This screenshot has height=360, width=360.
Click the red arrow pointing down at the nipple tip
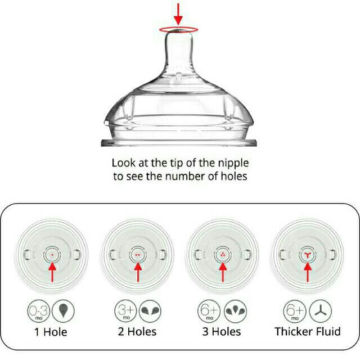click(x=178, y=13)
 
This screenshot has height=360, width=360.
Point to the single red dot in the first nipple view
click(x=52, y=255)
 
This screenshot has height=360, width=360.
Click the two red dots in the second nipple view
click(x=138, y=255)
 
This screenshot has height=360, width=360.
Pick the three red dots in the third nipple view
click(x=223, y=254)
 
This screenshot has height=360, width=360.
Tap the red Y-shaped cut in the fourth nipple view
click(x=308, y=254)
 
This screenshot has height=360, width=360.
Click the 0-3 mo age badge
click(x=39, y=311)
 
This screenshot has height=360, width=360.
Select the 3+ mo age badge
click(x=125, y=311)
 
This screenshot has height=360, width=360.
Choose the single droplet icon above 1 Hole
click(x=63, y=311)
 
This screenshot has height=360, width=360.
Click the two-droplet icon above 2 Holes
click(x=150, y=311)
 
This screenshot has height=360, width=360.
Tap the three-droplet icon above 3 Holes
click(x=235, y=311)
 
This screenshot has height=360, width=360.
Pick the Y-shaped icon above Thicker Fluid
click(x=321, y=311)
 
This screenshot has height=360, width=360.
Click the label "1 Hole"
click(x=51, y=332)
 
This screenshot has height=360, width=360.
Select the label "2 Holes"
click(x=137, y=332)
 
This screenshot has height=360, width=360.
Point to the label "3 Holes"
click(x=222, y=332)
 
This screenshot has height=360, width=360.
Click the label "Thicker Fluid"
click(x=308, y=331)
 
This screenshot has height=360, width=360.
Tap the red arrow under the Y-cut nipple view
click(x=308, y=272)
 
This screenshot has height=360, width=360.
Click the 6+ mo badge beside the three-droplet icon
click(x=209, y=311)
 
